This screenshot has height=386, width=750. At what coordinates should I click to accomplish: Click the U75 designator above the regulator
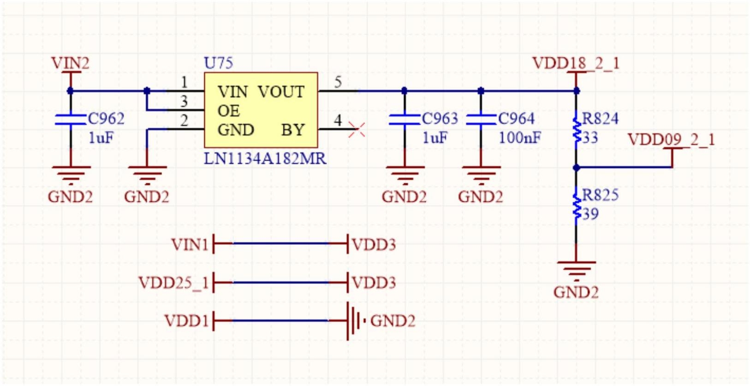(218, 63)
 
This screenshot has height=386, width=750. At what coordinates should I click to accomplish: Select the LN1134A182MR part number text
(265, 159)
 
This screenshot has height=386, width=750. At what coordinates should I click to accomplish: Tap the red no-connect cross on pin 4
(357, 129)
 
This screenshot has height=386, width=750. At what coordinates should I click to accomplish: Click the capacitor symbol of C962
(70, 120)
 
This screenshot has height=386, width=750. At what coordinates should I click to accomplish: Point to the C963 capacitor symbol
(405, 120)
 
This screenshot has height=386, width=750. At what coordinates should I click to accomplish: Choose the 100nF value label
(520, 138)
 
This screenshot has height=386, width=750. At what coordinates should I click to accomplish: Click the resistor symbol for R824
(576, 130)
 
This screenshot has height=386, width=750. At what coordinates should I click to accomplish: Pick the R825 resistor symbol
(576, 206)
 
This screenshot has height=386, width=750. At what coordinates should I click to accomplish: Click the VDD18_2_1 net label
(576, 63)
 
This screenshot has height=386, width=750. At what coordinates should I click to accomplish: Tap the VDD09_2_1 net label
(671, 139)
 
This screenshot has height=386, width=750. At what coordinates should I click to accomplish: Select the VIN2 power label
(70, 63)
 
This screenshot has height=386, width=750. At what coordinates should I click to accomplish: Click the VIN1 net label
(190, 244)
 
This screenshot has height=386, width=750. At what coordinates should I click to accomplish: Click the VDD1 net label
(186, 320)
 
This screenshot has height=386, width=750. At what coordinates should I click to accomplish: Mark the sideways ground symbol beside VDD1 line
(356, 320)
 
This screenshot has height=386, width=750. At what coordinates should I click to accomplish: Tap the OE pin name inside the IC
(228, 111)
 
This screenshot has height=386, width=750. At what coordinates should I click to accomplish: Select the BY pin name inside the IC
(293, 130)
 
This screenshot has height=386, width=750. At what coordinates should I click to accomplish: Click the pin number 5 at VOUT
(338, 82)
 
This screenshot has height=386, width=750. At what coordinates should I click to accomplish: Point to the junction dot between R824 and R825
(576, 168)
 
